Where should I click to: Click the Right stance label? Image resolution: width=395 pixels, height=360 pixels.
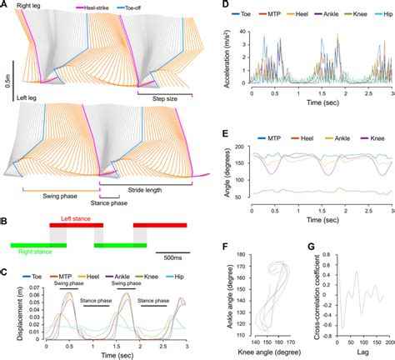[32, 247]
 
